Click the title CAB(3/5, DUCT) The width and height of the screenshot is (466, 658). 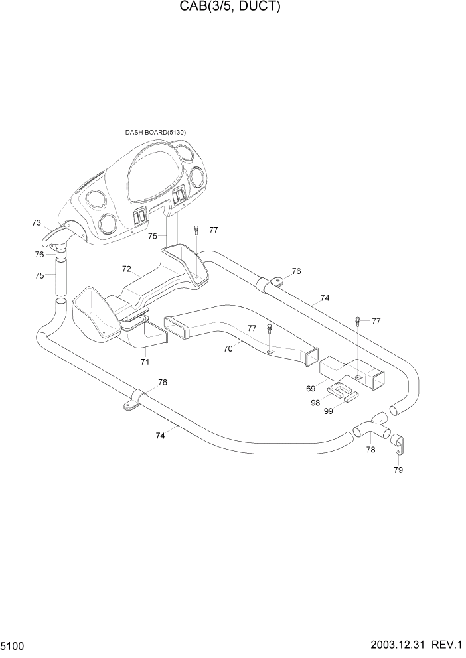click(233, 7)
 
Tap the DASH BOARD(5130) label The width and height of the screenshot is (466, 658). click(155, 132)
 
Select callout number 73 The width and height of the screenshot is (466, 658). click(37, 223)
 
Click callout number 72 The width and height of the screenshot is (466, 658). click(126, 269)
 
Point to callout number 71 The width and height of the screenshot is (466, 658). click(144, 362)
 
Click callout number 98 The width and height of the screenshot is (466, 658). click(315, 403)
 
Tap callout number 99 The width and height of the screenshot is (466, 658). click(328, 411)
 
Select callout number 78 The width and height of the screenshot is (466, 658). click(370, 449)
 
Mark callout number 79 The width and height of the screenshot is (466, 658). click(398, 470)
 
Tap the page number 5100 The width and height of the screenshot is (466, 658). click(15, 645)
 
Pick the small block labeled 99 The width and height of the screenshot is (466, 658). click(350, 399)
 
